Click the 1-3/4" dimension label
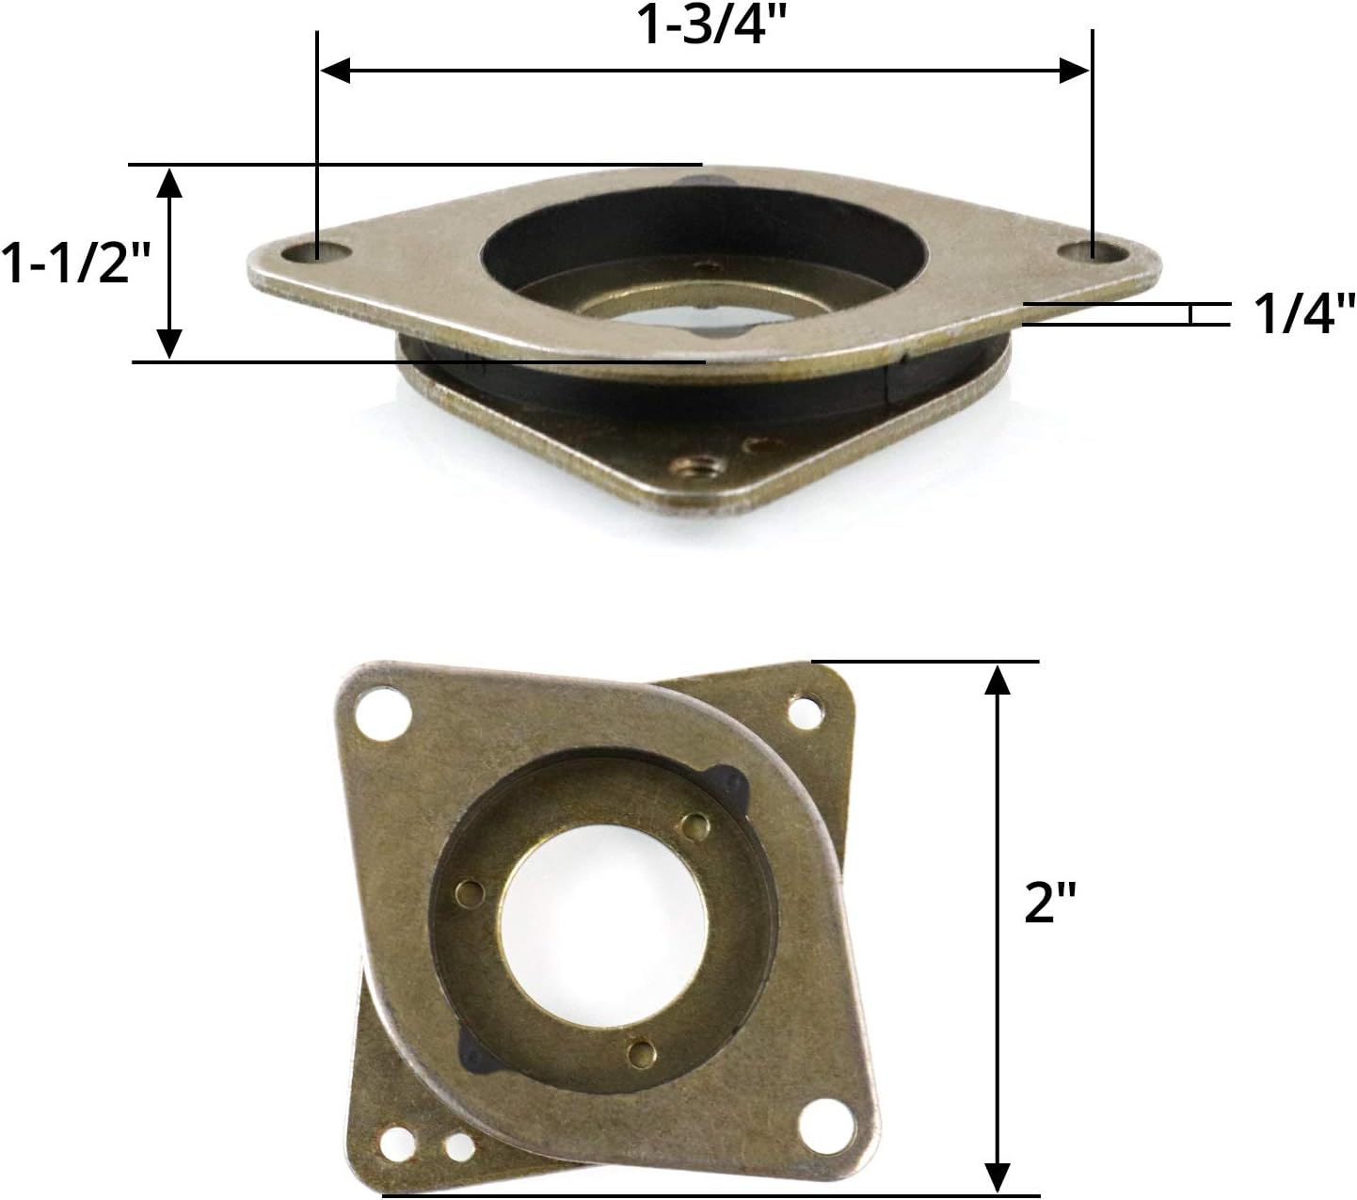tap(710, 26)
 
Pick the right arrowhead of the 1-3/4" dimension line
tap(1074, 71)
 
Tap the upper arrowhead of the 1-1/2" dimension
tap(169, 183)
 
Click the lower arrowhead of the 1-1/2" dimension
tap(169, 344)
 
